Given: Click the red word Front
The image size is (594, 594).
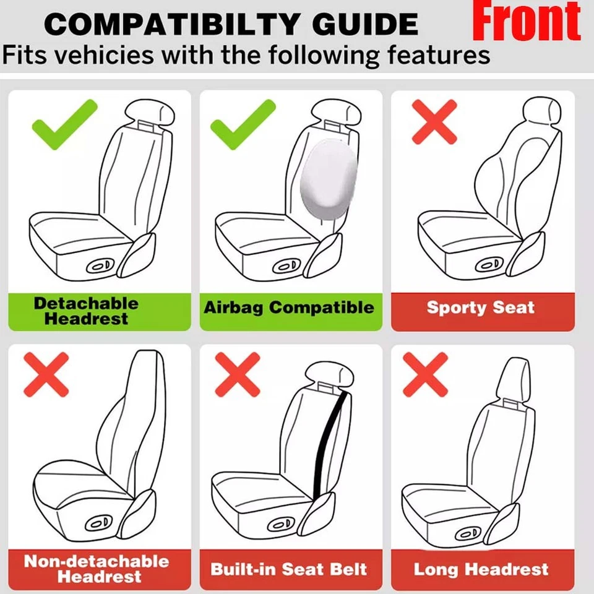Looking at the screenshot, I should coord(527,23).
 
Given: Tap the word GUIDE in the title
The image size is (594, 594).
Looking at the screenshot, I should coord(365,25).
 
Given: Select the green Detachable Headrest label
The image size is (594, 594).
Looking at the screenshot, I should coord(86,311).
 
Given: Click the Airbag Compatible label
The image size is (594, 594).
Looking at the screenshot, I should coord(289,308).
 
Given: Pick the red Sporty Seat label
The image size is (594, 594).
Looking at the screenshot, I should coord(481,308).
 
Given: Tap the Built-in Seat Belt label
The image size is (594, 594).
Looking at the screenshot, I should coord(289,569).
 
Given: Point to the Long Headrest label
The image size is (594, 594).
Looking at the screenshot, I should coord(481,569).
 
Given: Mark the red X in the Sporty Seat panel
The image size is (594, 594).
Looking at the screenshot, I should coord(434,121).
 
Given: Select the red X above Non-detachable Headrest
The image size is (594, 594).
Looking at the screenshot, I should coord(46,374).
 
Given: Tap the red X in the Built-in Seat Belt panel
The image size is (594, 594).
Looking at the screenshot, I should coord(238,374).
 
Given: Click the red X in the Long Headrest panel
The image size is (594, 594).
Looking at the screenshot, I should coord(425,374).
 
